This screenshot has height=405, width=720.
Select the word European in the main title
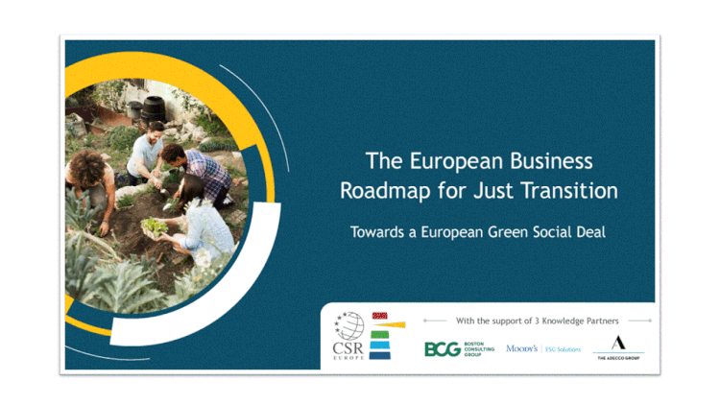point(444,161)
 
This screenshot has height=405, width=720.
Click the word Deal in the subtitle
point(585,231)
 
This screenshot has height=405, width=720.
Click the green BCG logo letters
point(444,349)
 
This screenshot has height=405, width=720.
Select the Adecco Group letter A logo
point(618,343)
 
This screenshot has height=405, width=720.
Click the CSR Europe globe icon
point(348,324)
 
